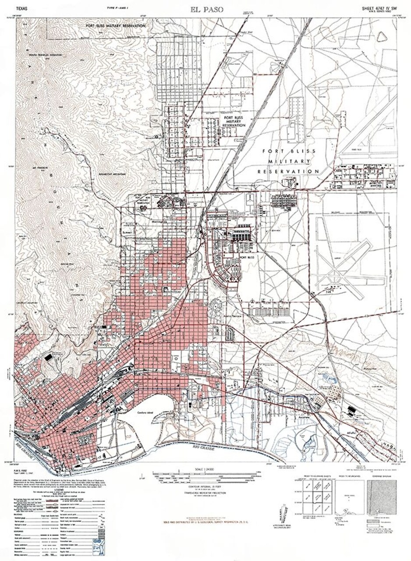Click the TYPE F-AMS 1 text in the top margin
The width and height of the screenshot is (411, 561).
[x=117, y=8]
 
